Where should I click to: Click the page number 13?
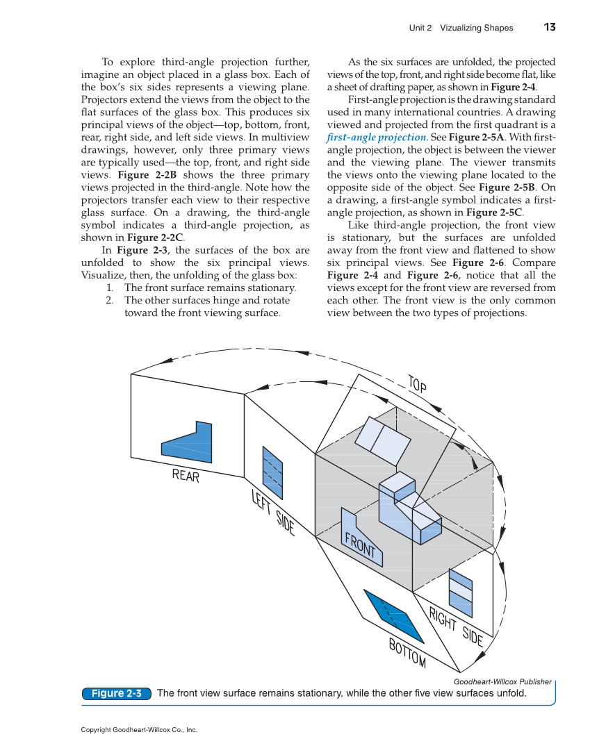click(550, 28)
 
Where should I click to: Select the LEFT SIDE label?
click(272, 513)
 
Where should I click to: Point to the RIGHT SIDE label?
click(455, 627)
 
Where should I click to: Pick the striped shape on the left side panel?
click(272, 472)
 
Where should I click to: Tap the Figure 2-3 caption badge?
click(116, 693)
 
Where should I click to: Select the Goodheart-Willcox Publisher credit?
click(502, 681)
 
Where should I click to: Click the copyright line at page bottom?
click(139, 730)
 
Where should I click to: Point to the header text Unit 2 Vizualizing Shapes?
click(461, 28)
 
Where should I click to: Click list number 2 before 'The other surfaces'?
click(109, 300)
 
